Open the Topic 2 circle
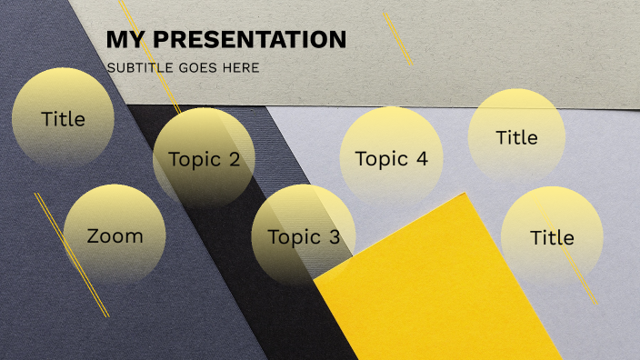(204, 159)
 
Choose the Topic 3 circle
(303, 235)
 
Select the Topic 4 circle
(391, 157)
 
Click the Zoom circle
(115, 235)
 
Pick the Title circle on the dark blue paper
(63, 118)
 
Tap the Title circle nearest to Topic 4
(516, 137)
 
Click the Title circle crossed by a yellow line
(552, 237)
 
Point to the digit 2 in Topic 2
(234, 161)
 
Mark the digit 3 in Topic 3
(334, 238)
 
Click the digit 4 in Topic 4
(421, 158)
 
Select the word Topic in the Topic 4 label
(379, 159)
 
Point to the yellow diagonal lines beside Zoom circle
(71, 255)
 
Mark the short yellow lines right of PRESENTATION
(397, 38)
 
